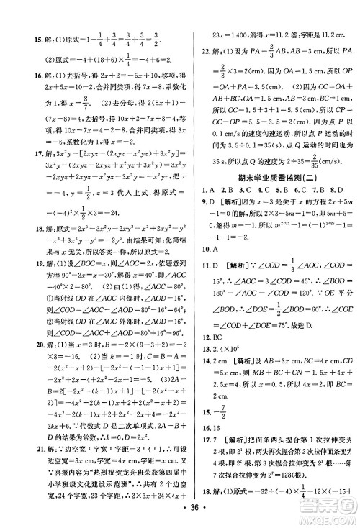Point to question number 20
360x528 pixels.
[16, 365]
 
